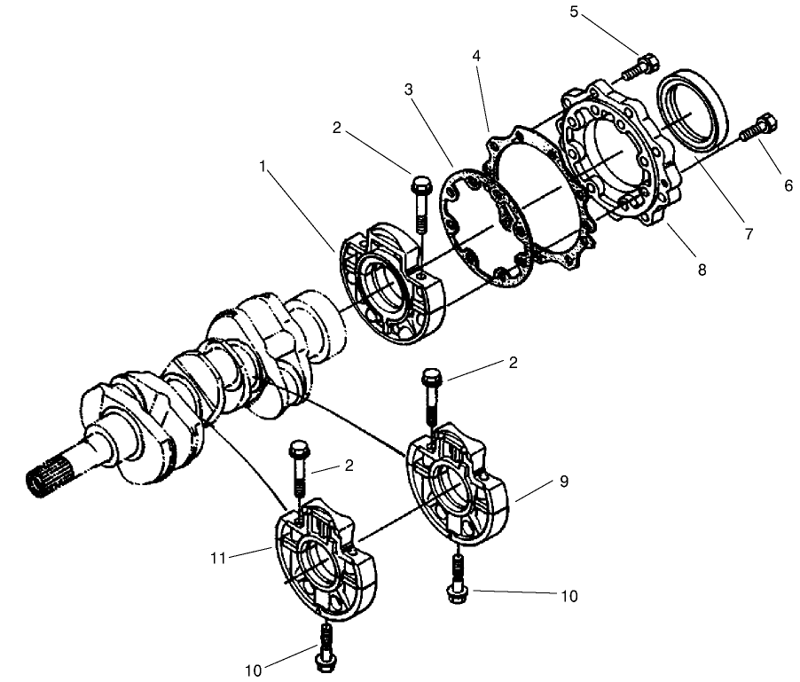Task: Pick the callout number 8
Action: pos(702,270)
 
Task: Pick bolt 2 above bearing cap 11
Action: pos(298,465)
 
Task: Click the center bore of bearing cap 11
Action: pos(319,568)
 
